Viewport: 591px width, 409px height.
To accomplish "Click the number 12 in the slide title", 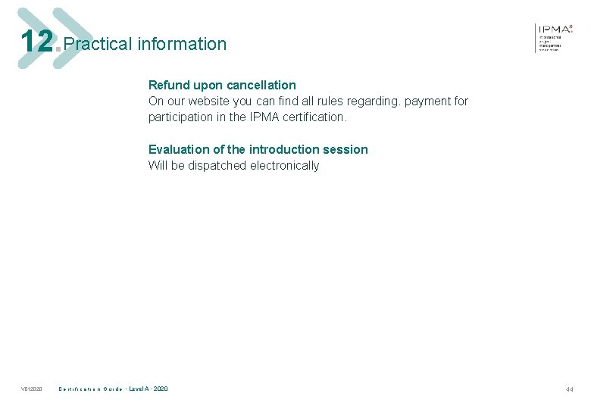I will pyautogui.click(x=37, y=42).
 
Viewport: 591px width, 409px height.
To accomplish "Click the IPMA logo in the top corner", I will pyautogui.click(x=555, y=36).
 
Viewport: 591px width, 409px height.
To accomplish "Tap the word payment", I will pyautogui.click(x=423, y=101).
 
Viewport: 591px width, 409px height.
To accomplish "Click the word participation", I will pyautogui.click(x=182, y=117).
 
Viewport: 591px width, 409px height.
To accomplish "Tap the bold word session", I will pyautogui.click(x=346, y=149).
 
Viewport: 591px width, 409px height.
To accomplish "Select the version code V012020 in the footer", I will pyautogui.click(x=32, y=389).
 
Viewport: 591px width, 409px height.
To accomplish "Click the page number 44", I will pyautogui.click(x=569, y=389).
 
